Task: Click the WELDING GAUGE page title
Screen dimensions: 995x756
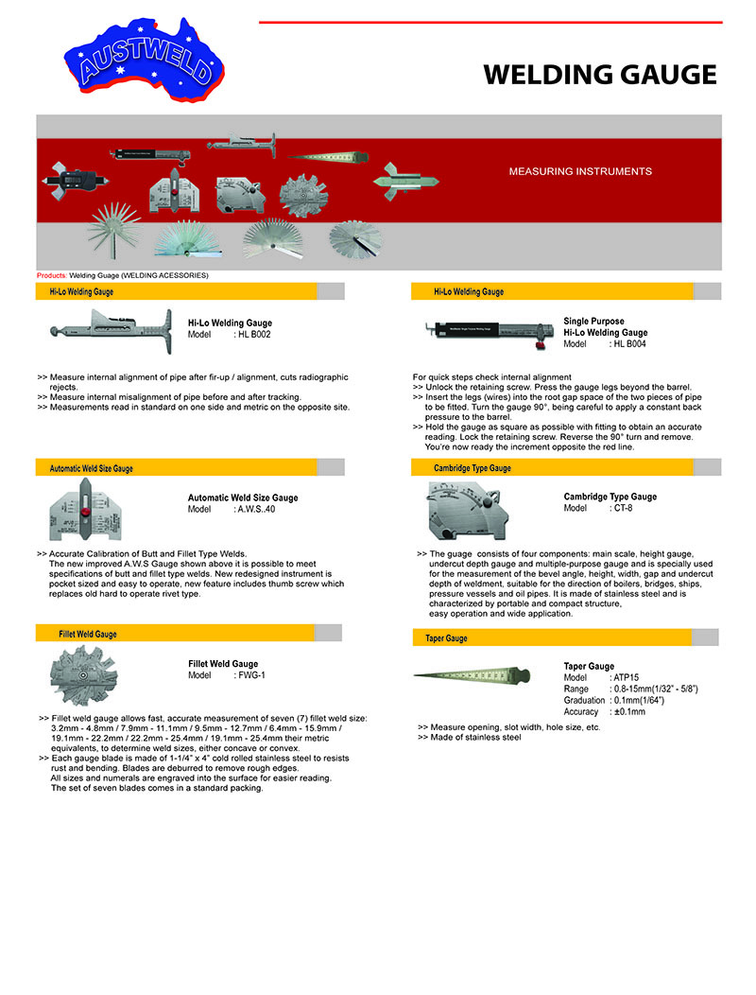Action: tap(600, 75)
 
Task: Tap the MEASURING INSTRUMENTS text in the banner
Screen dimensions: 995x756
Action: tap(580, 172)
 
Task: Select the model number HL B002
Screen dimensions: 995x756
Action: tap(252, 335)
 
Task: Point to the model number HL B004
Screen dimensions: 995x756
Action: tap(629, 344)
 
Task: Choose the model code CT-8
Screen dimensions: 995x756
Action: tap(622, 508)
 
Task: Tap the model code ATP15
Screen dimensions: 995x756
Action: tap(626, 678)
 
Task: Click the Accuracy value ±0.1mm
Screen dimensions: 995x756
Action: tap(627, 711)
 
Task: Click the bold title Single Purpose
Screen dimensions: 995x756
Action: tap(593, 322)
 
